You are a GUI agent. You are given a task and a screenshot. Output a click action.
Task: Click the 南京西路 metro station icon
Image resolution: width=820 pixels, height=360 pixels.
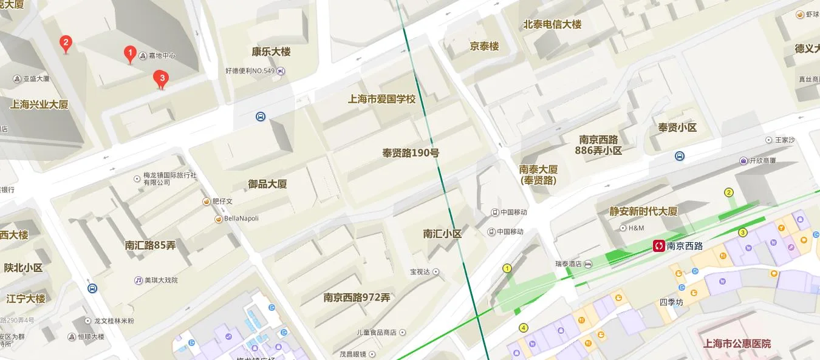click(659, 246)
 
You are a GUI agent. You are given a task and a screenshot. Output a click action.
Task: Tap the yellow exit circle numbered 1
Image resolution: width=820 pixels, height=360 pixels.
click(507, 268)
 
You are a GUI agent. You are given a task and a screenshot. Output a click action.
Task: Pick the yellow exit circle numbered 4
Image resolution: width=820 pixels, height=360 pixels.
click(524, 328)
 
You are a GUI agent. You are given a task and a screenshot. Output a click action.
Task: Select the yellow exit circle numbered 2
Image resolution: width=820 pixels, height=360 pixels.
click(729, 193)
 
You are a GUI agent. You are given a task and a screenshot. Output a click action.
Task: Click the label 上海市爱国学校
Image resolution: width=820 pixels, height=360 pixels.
click(381, 99)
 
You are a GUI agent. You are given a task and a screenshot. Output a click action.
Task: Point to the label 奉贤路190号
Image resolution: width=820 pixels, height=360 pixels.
click(410, 153)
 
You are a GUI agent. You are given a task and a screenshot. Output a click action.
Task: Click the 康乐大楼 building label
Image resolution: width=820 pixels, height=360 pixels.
click(271, 52)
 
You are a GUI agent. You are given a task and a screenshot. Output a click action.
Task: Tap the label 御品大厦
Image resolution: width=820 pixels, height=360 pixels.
click(267, 184)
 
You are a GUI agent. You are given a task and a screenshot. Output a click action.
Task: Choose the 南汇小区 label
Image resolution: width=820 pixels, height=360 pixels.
click(442, 234)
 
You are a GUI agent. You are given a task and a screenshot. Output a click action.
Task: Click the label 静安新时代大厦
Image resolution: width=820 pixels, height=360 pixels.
click(643, 211)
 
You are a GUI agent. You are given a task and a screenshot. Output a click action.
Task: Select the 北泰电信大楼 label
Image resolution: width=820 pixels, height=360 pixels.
click(552, 25)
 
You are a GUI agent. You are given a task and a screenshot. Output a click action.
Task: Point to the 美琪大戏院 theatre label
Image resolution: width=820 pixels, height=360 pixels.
click(156, 280)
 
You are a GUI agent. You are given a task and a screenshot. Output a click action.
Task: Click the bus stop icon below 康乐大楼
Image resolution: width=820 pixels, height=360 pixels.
click(260, 117)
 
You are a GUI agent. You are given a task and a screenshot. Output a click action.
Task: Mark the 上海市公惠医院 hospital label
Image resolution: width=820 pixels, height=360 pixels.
click(736, 344)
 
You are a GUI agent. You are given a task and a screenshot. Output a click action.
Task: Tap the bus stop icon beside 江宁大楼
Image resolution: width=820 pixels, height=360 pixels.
click(92, 288)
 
